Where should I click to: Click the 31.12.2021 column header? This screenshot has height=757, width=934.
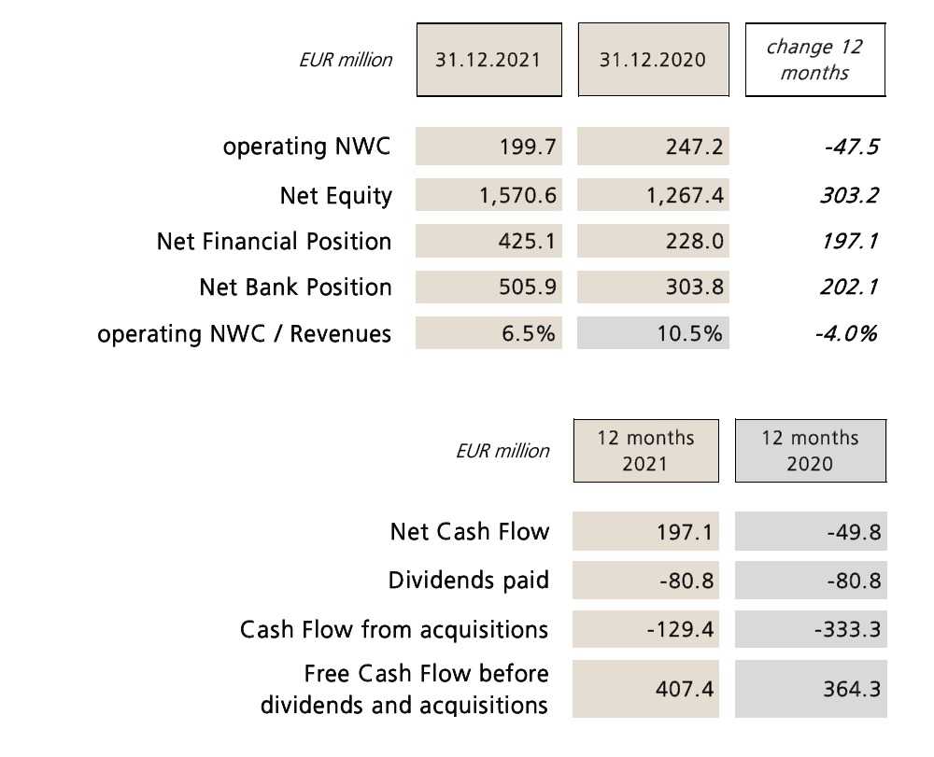click(488, 60)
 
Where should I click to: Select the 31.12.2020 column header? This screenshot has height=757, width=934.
click(653, 60)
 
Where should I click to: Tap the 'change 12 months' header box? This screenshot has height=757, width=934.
click(814, 60)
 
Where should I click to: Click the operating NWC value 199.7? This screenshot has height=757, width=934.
click(488, 147)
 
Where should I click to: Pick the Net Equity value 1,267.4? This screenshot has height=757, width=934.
click(653, 196)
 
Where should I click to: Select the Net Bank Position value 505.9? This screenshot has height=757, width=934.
click(488, 287)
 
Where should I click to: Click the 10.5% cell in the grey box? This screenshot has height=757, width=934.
click(653, 333)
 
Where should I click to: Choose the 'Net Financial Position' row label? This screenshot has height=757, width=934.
click(274, 242)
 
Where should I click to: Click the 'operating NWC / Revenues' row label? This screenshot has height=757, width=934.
click(244, 333)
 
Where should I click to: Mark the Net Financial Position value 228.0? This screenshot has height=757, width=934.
click(653, 242)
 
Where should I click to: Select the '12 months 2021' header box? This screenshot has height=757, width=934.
click(646, 451)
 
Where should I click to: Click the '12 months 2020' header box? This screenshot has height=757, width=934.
click(810, 451)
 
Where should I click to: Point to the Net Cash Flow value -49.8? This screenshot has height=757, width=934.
click(810, 533)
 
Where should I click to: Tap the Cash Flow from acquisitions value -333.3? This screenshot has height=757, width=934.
click(810, 630)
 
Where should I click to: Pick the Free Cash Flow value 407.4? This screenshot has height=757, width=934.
click(646, 689)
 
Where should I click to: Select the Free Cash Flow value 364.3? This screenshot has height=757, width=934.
click(810, 689)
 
